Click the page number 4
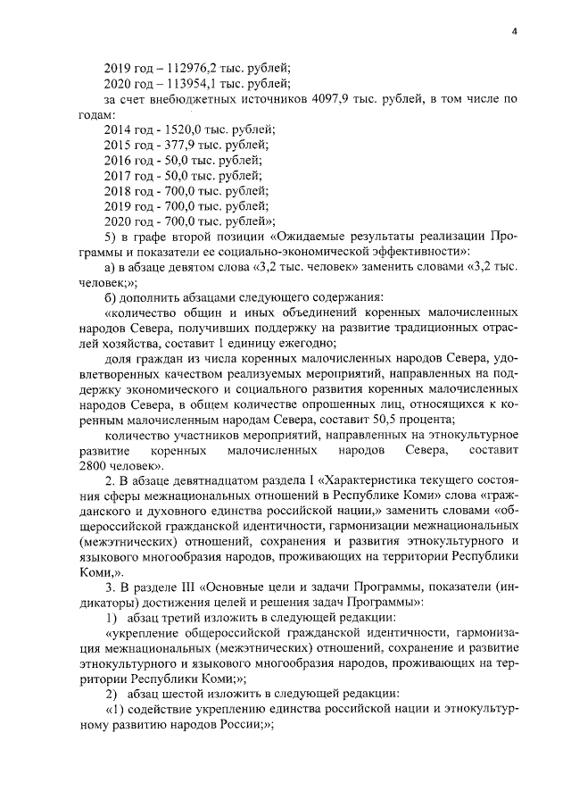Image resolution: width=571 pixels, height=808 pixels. click(515, 32)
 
